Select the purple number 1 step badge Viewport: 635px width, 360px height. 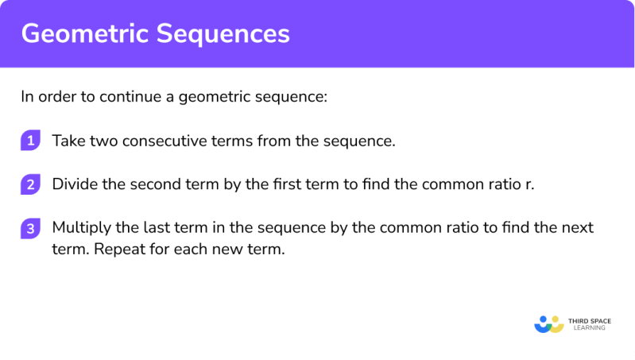pos(29,141)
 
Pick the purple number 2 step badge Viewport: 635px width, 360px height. pos(29,184)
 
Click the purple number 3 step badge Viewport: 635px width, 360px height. pos(29,228)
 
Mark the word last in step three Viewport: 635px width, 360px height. pos(144,228)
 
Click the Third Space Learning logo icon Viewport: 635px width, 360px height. pos(549,323)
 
